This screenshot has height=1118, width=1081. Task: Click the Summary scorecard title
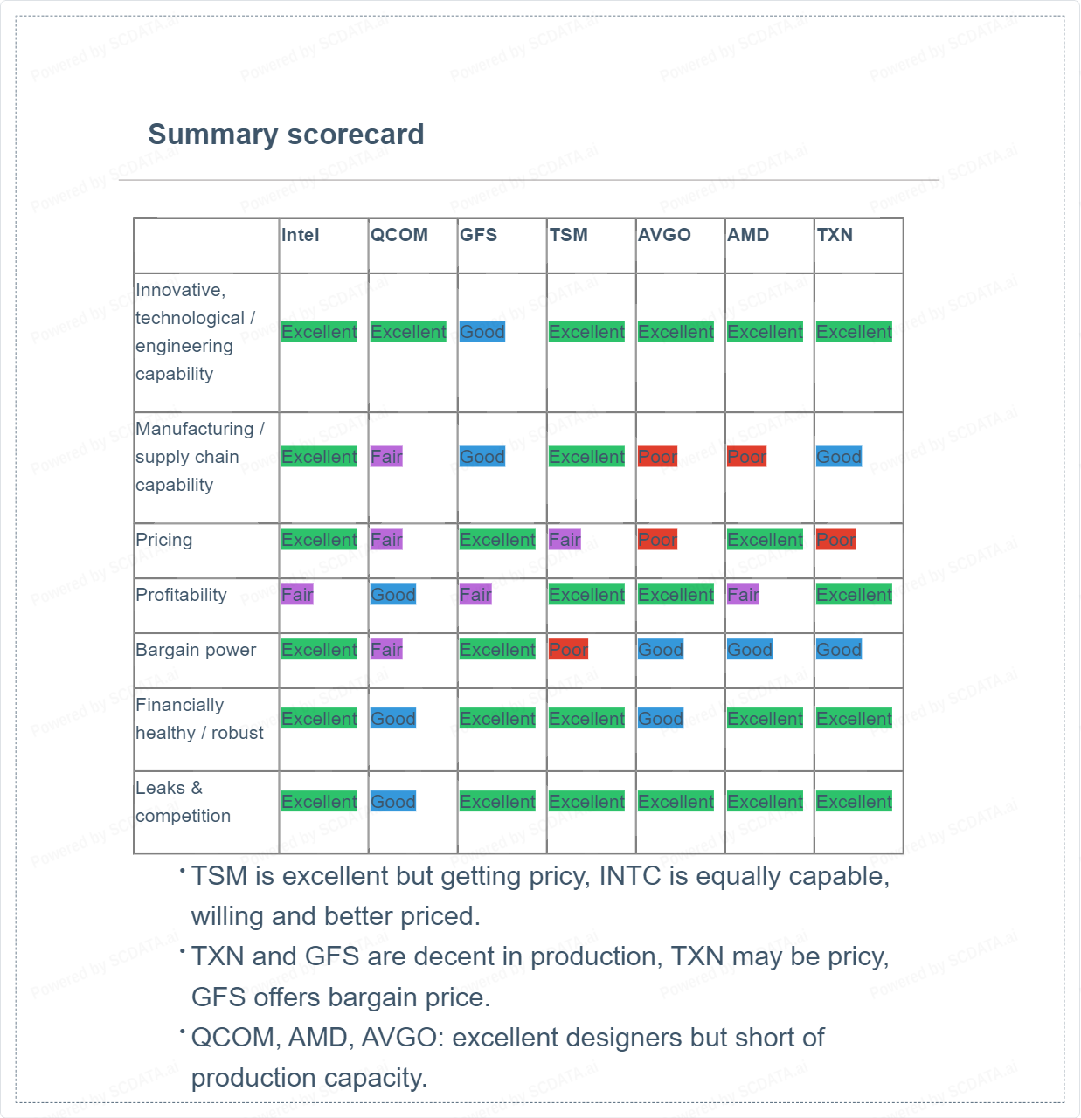(x=286, y=135)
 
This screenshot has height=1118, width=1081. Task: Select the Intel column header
(x=300, y=235)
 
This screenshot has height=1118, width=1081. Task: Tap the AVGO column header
(x=664, y=235)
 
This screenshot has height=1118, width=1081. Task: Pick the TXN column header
(x=835, y=235)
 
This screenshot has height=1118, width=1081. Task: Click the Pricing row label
(x=163, y=540)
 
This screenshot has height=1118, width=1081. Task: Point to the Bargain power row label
(x=196, y=650)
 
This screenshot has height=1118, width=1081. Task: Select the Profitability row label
(x=181, y=595)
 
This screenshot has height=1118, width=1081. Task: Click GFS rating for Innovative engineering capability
(x=482, y=332)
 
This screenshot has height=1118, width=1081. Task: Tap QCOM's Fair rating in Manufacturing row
(x=386, y=457)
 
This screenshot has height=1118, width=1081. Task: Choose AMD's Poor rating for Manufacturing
(x=746, y=457)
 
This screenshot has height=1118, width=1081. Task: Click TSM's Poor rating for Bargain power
(x=568, y=650)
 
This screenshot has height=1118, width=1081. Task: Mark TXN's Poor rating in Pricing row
(x=835, y=540)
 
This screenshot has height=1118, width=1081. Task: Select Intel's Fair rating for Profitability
(x=297, y=595)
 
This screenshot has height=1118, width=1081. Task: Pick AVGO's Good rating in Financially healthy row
(x=661, y=719)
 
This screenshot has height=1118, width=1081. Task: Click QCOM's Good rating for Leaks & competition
(x=393, y=802)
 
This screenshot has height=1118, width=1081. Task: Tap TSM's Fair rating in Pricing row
(x=565, y=540)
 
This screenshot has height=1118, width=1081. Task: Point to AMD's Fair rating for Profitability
(x=743, y=595)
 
